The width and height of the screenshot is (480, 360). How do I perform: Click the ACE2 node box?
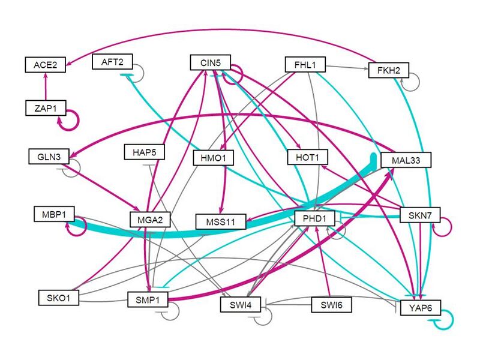point(44,64)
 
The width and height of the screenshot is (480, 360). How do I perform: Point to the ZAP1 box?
point(44,108)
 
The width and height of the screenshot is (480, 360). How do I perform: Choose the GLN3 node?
point(49,157)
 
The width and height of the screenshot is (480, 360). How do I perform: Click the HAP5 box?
point(144,152)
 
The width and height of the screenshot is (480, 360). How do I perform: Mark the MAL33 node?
point(407,161)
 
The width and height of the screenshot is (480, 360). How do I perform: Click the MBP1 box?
point(54,213)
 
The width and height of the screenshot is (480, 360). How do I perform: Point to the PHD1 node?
point(313,218)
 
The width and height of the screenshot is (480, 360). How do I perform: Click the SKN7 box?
point(416,215)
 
